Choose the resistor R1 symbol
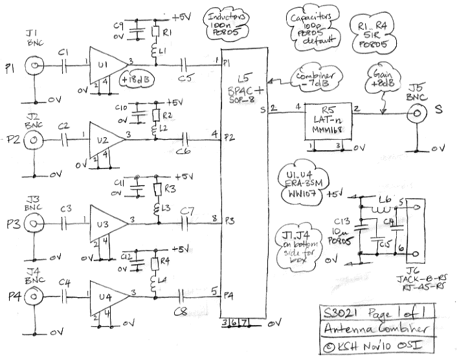coord(155,32)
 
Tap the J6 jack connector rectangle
coord(414,229)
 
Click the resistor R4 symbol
coord(155,264)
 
